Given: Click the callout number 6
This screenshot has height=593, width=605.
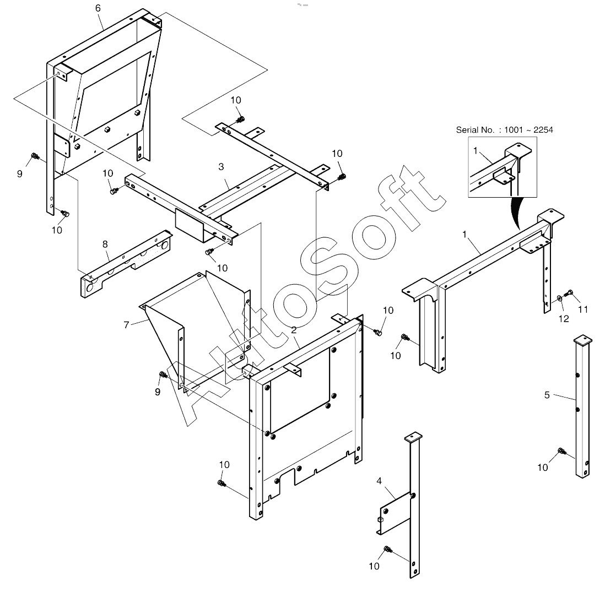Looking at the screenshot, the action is (x=98, y=8).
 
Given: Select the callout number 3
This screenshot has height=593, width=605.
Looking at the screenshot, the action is (x=221, y=167).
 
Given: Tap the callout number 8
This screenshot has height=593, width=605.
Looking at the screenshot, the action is (x=105, y=244).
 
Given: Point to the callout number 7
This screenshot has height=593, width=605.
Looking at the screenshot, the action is (x=126, y=325).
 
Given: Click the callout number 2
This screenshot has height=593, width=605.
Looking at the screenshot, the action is (x=294, y=330).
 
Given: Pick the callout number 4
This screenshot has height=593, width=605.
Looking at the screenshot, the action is (x=379, y=481).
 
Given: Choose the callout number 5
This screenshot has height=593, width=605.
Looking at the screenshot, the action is (x=547, y=395).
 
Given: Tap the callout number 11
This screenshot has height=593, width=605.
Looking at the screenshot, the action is (x=582, y=309).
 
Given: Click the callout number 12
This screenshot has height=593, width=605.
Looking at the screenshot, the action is (x=564, y=319).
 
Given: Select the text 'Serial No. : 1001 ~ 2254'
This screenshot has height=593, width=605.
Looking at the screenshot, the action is (x=504, y=130).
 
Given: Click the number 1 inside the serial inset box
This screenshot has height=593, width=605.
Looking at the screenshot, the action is (x=476, y=151).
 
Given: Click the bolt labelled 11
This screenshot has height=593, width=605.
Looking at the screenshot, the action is (x=569, y=293).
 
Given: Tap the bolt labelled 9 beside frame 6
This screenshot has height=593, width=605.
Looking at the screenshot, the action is (x=35, y=156).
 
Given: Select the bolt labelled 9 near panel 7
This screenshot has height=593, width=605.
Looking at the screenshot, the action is (x=163, y=374).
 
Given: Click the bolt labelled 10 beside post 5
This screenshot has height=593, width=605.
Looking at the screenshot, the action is (x=561, y=451).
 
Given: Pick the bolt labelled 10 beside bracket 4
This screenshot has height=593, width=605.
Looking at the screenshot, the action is (x=388, y=549).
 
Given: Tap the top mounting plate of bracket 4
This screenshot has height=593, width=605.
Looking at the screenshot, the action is (x=413, y=437).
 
